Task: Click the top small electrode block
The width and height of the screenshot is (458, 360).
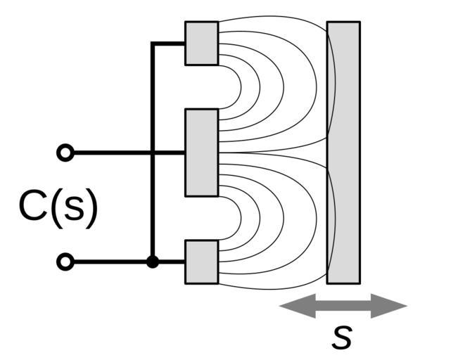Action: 201,43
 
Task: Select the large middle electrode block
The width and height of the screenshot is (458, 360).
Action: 201,153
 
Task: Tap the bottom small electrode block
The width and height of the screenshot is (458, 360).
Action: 201,262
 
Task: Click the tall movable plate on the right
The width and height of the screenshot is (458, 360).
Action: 343,152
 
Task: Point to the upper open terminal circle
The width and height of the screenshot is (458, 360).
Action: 65,153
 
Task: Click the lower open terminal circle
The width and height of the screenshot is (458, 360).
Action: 65,262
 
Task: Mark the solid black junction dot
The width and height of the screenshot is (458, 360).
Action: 152,262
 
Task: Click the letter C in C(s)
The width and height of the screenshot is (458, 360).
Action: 32,207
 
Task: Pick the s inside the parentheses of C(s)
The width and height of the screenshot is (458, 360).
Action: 70,210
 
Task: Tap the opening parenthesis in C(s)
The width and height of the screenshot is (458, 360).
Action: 53,209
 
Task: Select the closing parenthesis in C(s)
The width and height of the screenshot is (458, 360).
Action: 89,209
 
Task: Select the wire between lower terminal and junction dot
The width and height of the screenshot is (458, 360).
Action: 109,262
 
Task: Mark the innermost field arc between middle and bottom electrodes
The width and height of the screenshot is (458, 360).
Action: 240,218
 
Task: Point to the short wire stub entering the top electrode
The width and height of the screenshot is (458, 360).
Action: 169,44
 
